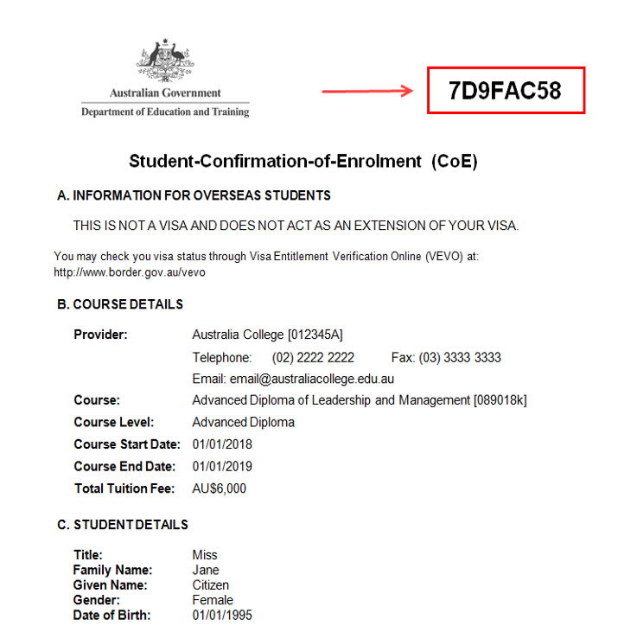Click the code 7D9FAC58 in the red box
pyautogui.click(x=506, y=91)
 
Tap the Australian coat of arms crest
pyautogui.click(x=165, y=61)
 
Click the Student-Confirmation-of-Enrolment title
pyautogui.click(x=303, y=161)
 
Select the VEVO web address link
pyautogui.click(x=130, y=272)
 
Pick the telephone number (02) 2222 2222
pyautogui.click(x=313, y=357)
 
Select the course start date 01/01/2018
pyautogui.click(x=222, y=444)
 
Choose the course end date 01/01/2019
pyautogui.click(x=222, y=467)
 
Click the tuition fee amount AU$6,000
pyautogui.click(x=219, y=488)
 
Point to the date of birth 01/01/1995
pyautogui.click(x=222, y=616)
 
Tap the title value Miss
pyautogui.click(x=205, y=555)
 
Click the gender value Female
pyautogui.click(x=213, y=600)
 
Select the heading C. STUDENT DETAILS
pyautogui.click(x=122, y=525)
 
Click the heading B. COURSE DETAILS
pyautogui.click(x=120, y=304)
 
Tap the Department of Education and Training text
pyautogui.click(x=165, y=112)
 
